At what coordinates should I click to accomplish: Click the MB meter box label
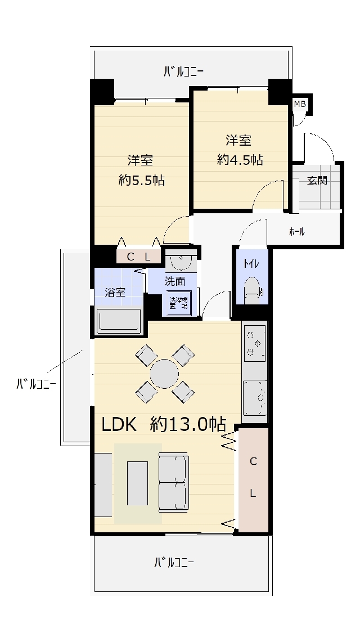pyautogui.click(x=300, y=104)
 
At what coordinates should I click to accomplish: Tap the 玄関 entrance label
pyautogui.click(x=317, y=181)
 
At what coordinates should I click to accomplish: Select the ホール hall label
pyautogui.click(x=296, y=231)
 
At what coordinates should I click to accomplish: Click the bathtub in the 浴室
pyautogui.click(x=119, y=321)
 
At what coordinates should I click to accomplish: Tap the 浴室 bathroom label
pyautogui.click(x=115, y=293)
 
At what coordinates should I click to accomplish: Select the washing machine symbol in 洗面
pyautogui.click(x=180, y=303)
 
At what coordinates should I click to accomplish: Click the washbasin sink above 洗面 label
pyautogui.click(x=181, y=262)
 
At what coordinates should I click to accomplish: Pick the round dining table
pyautogui.click(x=164, y=374)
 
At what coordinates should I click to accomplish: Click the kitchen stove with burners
pyautogui.click(x=254, y=343)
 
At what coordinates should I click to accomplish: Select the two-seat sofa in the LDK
pyautogui.click(x=173, y=483)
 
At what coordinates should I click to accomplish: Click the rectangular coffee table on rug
pyautogui.click(x=137, y=483)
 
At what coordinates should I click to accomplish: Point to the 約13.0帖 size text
pyautogui.click(x=188, y=424)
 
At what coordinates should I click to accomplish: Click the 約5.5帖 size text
pyautogui.click(x=142, y=181)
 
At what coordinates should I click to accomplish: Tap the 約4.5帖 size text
pyautogui.click(x=240, y=160)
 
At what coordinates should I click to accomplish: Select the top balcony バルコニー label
pyautogui.click(x=183, y=71)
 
